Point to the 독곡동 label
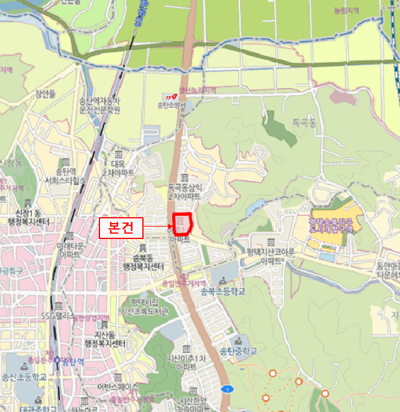pyautogui.click(x=304, y=124)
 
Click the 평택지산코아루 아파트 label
pyautogui.click(x=271, y=257)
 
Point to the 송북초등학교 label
pyautogui.click(x=222, y=291)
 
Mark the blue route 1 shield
pyautogui.click(x=226, y=389)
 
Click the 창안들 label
pyautogui.click(x=45, y=93)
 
